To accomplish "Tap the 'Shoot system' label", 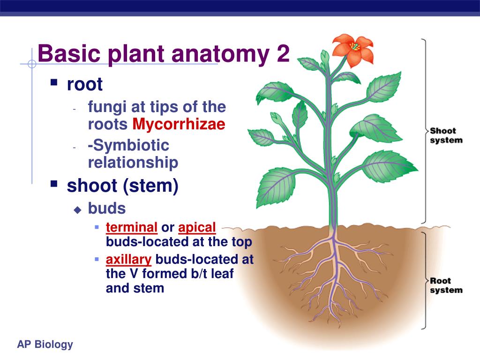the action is (446, 135).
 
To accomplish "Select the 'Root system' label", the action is (446, 285).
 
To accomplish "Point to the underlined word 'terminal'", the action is (132, 228).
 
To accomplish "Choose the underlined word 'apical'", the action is (197, 228).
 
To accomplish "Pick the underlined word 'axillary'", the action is (128, 259).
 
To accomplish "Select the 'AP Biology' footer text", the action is (45, 345).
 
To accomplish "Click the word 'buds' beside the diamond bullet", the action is (107, 208).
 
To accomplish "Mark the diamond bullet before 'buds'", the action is (78, 210).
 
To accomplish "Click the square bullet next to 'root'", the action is (54, 83).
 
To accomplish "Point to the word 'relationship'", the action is (133, 163).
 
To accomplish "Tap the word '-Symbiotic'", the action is (128, 145).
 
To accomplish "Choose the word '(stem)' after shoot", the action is (151, 186).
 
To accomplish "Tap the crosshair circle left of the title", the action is (32, 64).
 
